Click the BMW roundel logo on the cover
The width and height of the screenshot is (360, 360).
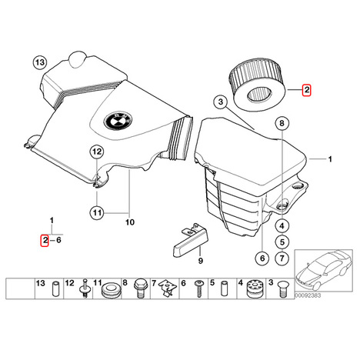[x=118, y=121]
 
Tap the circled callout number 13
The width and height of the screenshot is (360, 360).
[x=40, y=62]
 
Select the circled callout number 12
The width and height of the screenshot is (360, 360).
[x=97, y=152]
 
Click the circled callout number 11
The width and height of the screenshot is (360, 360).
[x=97, y=212]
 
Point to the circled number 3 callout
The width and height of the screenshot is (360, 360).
[x=221, y=102]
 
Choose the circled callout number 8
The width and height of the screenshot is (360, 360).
[x=282, y=123]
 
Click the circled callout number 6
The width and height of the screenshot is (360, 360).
[x=262, y=258]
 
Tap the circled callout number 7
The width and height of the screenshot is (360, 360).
[x=282, y=258]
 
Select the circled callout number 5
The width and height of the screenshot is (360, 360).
[x=282, y=242]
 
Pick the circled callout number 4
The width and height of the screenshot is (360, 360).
[x=282, y=226]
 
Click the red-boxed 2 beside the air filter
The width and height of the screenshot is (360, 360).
[x=306, y=90]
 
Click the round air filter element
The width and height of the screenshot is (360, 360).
[x=257, y=85]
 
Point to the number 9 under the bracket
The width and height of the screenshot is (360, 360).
[x=201, y=261]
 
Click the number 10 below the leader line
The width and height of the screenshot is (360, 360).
[x=130, y=222]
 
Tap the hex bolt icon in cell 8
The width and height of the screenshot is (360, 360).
[x=139, y=288]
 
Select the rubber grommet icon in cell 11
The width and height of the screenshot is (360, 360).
[x=110, y=290]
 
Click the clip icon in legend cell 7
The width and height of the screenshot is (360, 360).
[x=168, y=288]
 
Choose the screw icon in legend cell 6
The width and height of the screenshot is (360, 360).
[x=199, y=288]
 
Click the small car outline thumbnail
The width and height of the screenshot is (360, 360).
[x=323, y=271]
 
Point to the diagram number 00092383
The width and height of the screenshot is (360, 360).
[x=308, y=295]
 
